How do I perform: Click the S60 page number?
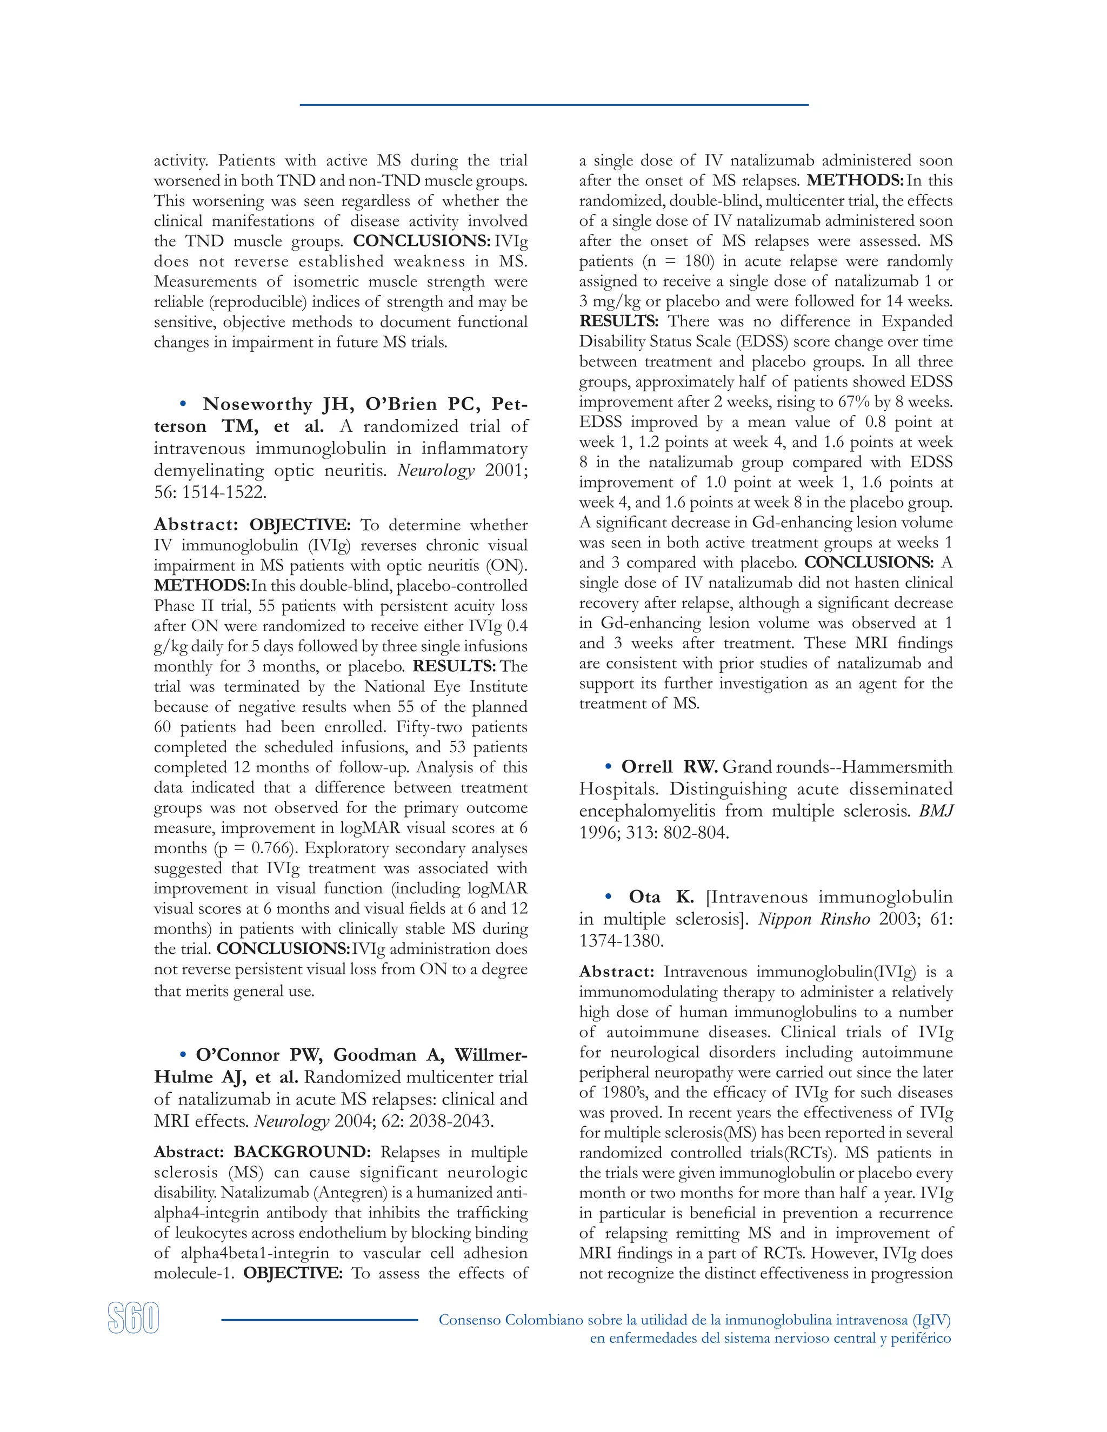tap(133, 1319)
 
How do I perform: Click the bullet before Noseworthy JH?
tap(184, 404)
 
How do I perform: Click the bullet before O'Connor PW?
tap(184, 1055)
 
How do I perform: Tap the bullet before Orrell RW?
tap(609, 766)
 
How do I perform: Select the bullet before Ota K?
tap(609, 897)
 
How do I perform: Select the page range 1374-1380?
tap(621, 941)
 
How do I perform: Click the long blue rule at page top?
tap(553, 105)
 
